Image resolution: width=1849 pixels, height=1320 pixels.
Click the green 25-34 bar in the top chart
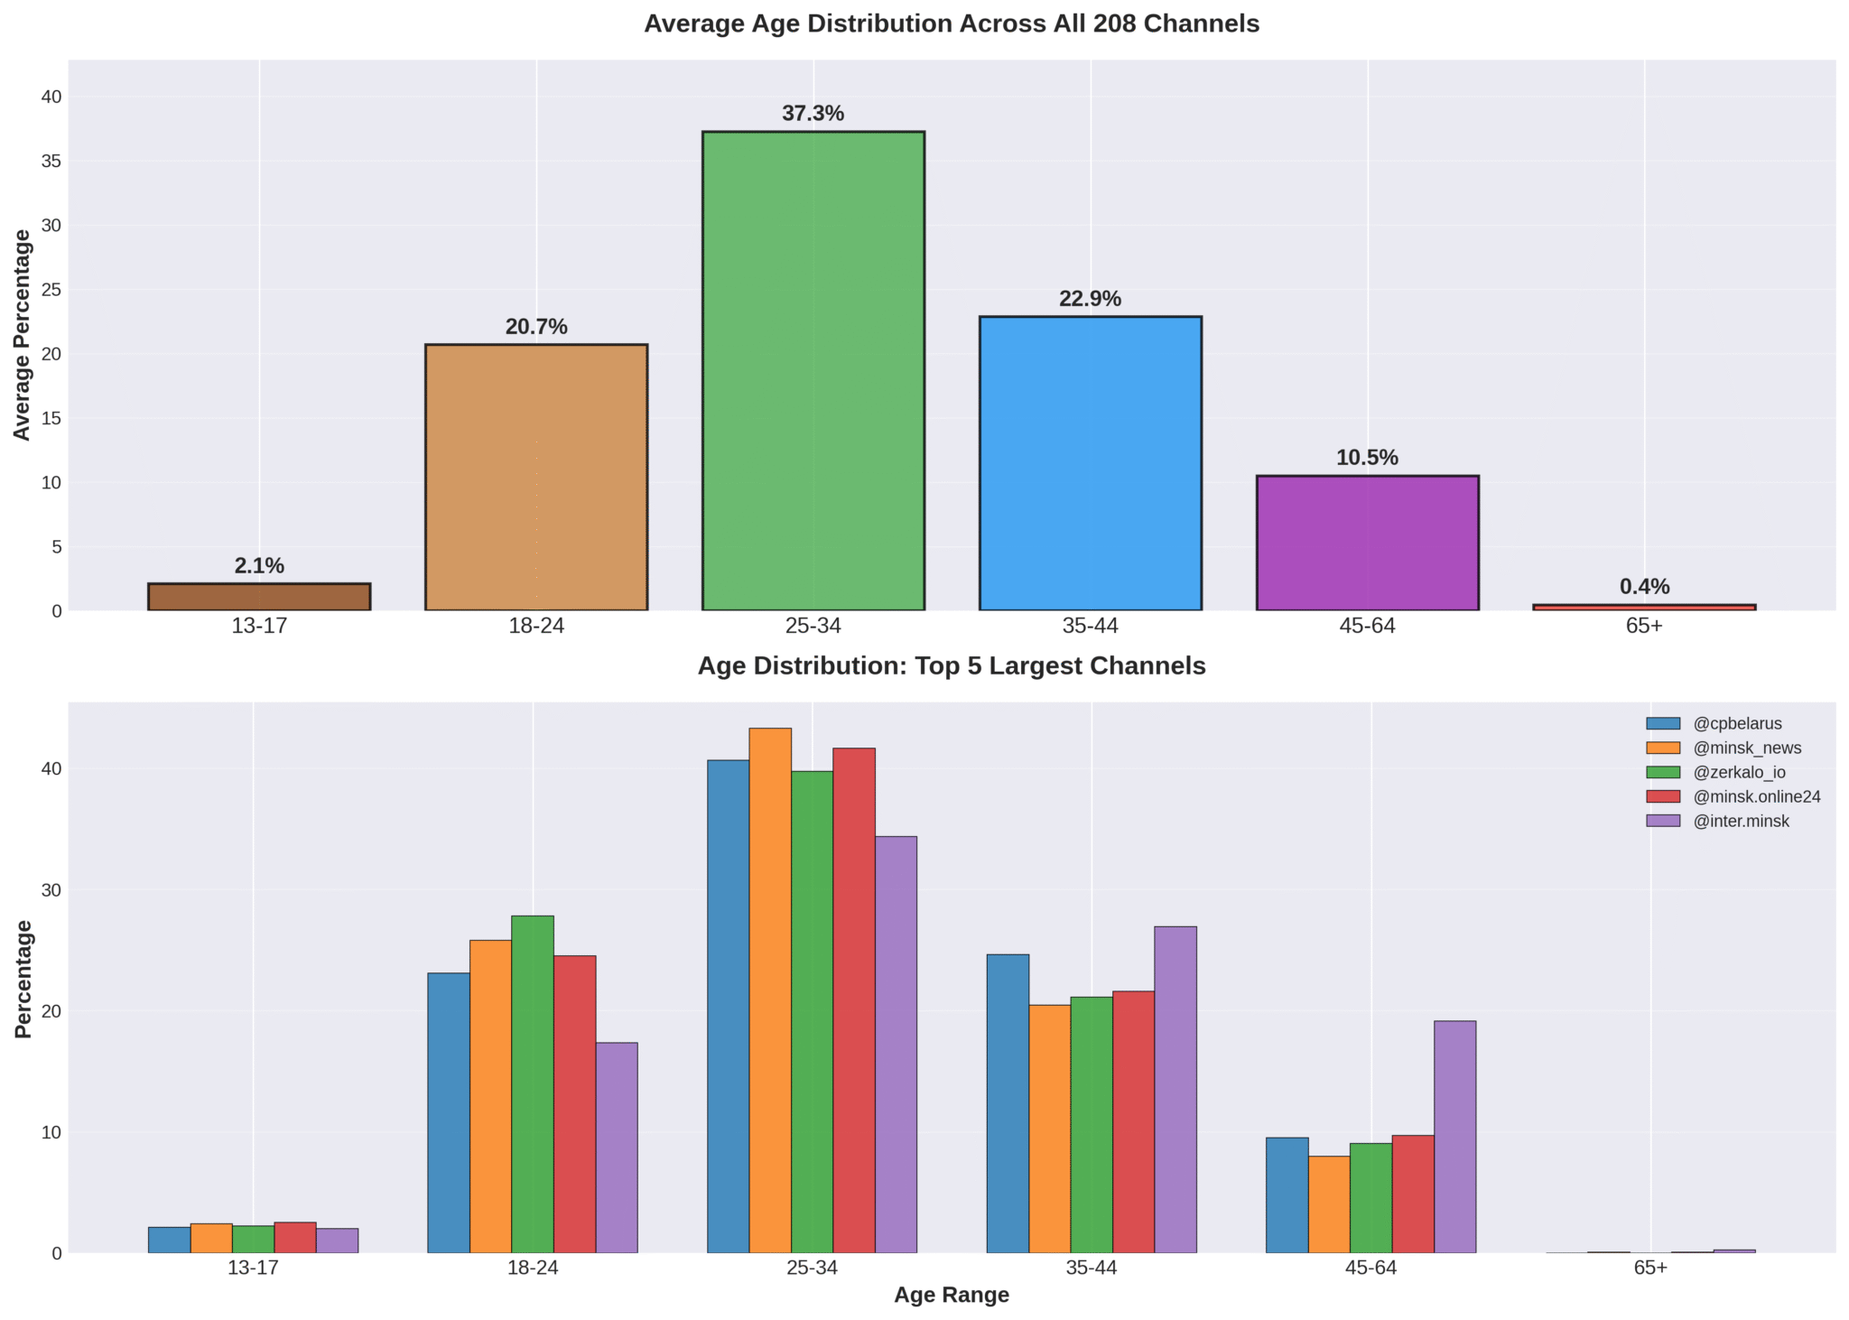(x=813, y=370)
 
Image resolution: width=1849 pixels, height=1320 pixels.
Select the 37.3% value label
(x=813, y=114)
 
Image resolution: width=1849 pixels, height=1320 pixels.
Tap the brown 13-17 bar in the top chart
(x=259, y=597)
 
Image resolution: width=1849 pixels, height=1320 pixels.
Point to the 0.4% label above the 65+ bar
(x=1644, y=587)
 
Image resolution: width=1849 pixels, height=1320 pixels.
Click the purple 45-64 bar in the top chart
(x=1367, y=543)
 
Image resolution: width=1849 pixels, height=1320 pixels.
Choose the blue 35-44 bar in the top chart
(x=1090, y=463)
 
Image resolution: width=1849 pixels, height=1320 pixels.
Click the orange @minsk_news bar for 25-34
(x=770, y=990)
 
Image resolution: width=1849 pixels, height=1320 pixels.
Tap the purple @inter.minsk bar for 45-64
(x=1454, y=1137)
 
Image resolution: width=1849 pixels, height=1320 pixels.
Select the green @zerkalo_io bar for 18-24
(x=533, y=1083)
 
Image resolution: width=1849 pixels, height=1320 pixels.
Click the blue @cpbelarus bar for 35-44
(x=1008, y=1103)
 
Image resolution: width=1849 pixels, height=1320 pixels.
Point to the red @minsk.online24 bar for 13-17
(x=295, y=1238)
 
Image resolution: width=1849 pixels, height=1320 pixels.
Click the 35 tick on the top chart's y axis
(x=50, y=162)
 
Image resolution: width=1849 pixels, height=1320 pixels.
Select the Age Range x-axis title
(x=952, y=1296)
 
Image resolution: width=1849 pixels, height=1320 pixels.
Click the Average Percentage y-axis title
(x=23, y=335)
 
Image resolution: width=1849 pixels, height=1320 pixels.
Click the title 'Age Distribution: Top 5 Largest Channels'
(x=952, y=666)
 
